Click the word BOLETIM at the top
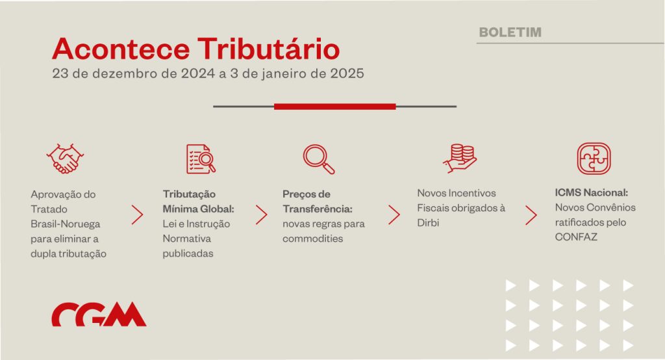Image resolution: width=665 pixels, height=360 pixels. pos(510,32)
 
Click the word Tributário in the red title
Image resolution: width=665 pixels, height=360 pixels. pos(268,49)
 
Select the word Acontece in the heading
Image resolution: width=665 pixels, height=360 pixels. pos(121,49)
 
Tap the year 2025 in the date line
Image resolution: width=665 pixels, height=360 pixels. pos(347,73)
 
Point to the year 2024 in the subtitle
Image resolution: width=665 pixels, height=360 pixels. pos(198,73)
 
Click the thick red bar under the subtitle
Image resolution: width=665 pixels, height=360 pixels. pos(335,107)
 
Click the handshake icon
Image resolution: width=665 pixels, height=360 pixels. pos(65,159)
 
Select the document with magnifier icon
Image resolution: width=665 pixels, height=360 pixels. pos(201,159)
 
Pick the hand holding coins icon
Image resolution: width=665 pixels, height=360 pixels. pos(460,159)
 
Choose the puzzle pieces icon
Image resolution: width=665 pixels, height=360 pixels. pos(594,159)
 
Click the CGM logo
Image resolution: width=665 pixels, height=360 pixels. pos(99,314)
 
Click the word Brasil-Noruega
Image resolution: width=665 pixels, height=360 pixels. pos(66,224)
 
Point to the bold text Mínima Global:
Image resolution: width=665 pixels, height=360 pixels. pos(199,209)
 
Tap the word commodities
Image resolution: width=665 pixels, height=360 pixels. pos(312,238)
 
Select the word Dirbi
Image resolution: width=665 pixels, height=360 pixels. pos(428,222)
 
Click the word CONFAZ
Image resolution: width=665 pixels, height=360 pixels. pos(576,237)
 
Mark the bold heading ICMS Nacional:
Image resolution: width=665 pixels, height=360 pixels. pos(591,193)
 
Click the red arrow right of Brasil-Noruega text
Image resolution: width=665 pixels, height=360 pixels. pos(138,215)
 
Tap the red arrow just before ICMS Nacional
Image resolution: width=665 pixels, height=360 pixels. pos(531,215)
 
